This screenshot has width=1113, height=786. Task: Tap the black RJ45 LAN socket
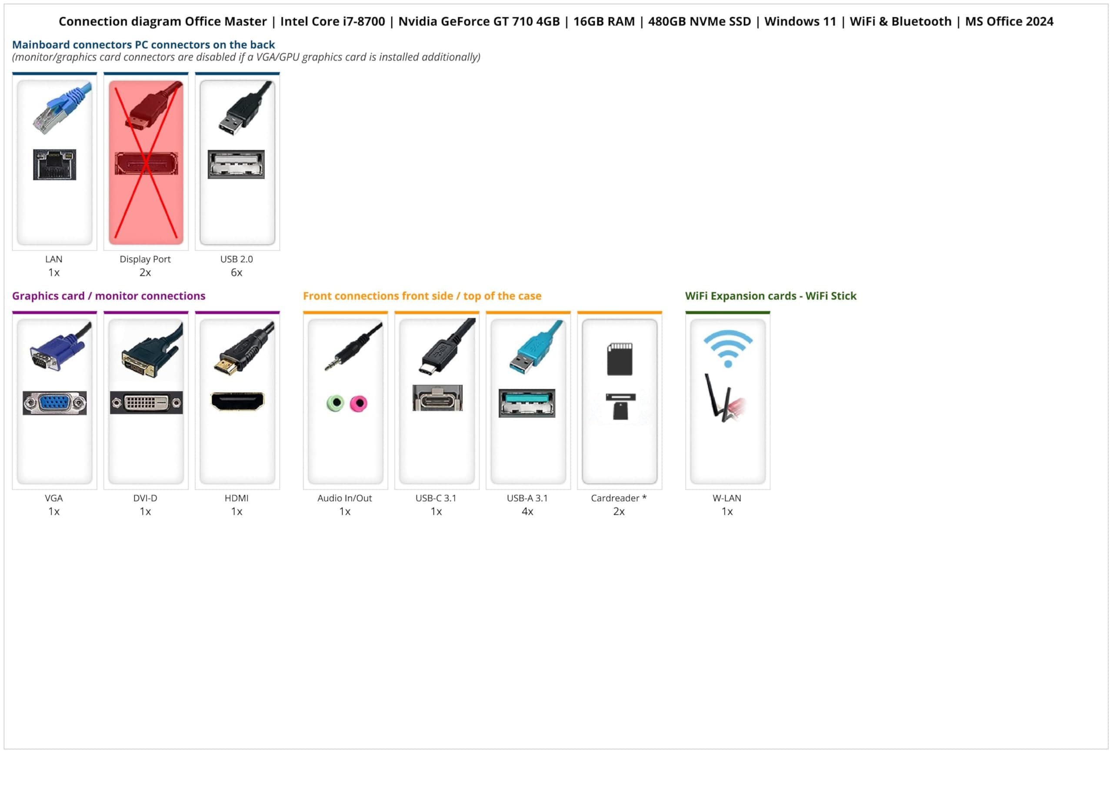(x=55, y=165)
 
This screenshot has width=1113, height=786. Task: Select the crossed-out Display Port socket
(x=146, y=164)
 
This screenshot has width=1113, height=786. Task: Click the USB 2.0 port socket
(x=236, y=164)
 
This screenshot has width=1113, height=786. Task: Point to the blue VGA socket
(x=55, y=403)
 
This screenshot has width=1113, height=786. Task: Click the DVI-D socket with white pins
(x=146, y=403)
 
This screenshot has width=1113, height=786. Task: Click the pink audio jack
(x=359, y=403)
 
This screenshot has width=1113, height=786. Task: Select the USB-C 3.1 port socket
(x=437, y=398)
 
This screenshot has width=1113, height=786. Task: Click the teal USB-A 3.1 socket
(x=527, y=403)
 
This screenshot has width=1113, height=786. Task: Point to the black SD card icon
(x=620, y=359)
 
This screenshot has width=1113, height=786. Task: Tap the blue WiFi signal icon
(x=728, y=348)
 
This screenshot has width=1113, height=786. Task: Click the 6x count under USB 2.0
(x=237, y=272)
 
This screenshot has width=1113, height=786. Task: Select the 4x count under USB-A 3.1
(x=527, y=511)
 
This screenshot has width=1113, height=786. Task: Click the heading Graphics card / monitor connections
(x=109, y=295)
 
